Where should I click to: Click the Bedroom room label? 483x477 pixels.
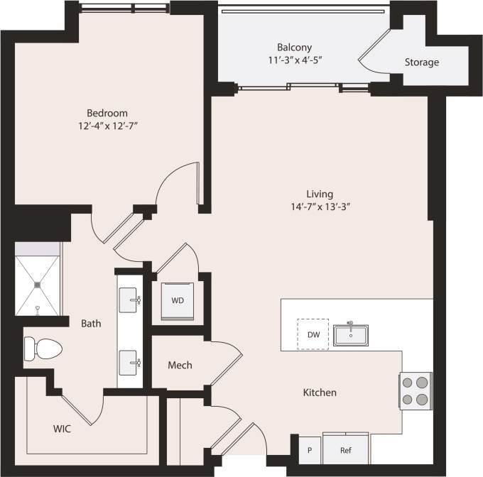point(107,113)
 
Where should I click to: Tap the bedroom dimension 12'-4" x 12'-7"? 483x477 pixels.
point(107,126)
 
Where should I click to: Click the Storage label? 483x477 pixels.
point(421,62)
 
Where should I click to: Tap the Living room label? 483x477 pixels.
point(319,194)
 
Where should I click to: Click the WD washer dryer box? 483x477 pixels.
point(178,300)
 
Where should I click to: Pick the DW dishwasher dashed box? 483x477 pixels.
point(312,334)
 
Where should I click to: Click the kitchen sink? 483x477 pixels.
point(350,334)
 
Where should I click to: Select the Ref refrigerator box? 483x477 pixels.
point(345,449)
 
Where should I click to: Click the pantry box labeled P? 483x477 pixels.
point(309,450)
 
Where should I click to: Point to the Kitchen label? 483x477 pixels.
point(320,393)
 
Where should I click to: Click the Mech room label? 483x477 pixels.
point(180,365)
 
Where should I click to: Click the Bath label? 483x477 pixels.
point(90,324)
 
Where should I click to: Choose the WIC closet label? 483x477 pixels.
point(62,429)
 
